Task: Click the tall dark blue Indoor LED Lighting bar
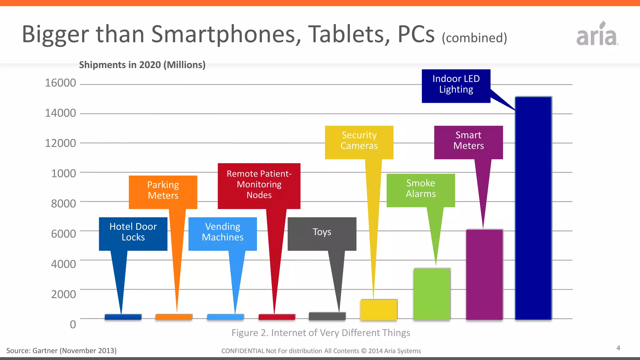tap(533, 208)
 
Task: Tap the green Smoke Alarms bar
tap(432, 294)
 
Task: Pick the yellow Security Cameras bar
tap(379, 309)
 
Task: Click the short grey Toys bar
tap(327, 316)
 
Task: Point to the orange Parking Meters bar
tap(174, 317)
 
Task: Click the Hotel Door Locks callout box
tap(133, 233)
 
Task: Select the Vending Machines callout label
tap(222, 233)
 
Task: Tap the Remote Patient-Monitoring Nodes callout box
tap(259, 186)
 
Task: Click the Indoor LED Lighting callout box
tap(456, 86)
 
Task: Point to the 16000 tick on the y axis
tap(60, 83)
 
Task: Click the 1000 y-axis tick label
tap(63, 173)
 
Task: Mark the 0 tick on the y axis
tap(73, 324)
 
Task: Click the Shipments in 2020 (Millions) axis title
tap(142, 65)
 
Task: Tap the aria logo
tap(597, 34)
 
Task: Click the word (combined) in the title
tap(474, 38)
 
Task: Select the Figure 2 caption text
tap(321, 333)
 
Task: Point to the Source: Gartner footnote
tap(62, 351)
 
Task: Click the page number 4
tap(618, 348)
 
